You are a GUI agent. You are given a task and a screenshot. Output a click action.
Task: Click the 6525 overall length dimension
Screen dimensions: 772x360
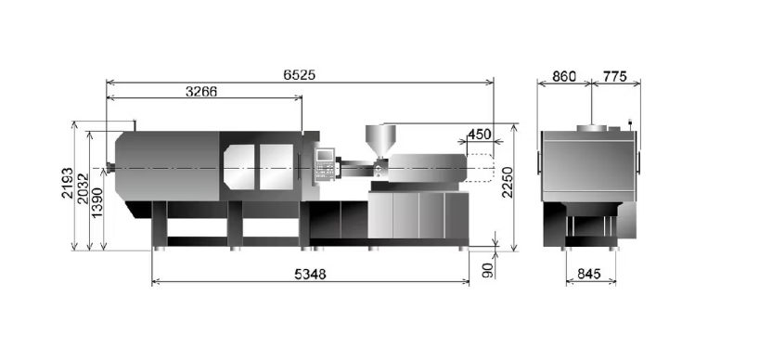pyautogui.click(x=299, y=75)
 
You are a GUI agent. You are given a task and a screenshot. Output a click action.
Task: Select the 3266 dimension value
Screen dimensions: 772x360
pyautogui.click(x=200, y=92)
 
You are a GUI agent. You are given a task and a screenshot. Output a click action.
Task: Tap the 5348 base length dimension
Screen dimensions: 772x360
pyautogui.click(x=310, y=275)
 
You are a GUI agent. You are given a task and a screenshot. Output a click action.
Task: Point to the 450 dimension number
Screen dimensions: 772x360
pyautogui.click(x=480, y=134)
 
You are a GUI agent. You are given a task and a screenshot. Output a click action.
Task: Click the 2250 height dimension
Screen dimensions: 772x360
pyautogui.click(x=508, y=182)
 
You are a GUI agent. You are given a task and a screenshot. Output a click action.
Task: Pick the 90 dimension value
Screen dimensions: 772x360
pyautogui.click(x=487, y=270)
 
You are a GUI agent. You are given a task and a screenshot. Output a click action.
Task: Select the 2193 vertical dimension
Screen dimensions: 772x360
pyautogui.click(x=68, y=183)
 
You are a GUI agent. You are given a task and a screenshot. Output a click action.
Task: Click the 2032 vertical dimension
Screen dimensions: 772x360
pyautogui.click(x=83, y=188)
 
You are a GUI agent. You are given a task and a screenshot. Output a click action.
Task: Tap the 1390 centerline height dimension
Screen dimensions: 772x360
pyautogui.click(x=97, y=202)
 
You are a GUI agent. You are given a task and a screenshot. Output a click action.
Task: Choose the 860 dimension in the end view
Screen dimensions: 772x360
pyautogui.click(x=564, y=76)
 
